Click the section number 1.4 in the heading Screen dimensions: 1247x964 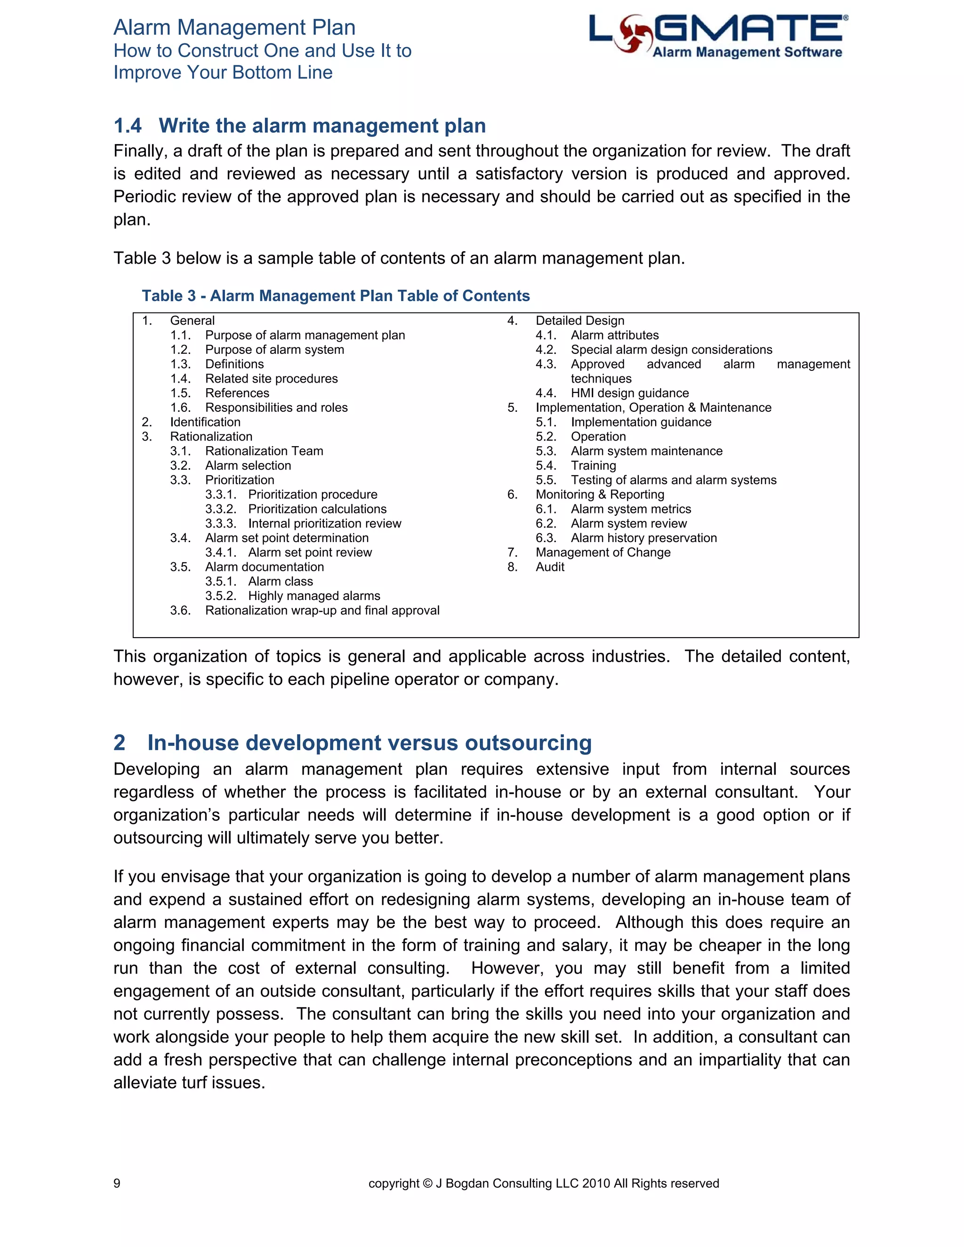[128, 126]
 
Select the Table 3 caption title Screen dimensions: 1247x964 [336, 296]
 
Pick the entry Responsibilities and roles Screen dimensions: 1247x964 [276, 408]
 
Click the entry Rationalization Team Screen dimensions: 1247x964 [264, 451]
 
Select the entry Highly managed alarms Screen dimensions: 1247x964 [313, 596]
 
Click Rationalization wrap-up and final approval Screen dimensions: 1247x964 [322, 610]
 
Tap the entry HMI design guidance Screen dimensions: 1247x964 [629, 393]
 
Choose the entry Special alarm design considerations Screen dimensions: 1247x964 [671, 350]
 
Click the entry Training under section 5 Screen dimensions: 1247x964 [594, 465]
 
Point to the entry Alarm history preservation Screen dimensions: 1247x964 [643, 538]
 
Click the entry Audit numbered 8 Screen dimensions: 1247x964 [549, 567]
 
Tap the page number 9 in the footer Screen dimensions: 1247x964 [117, 1183]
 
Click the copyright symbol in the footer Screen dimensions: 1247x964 [428, 1183]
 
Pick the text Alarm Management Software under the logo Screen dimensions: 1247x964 [747, 53]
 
